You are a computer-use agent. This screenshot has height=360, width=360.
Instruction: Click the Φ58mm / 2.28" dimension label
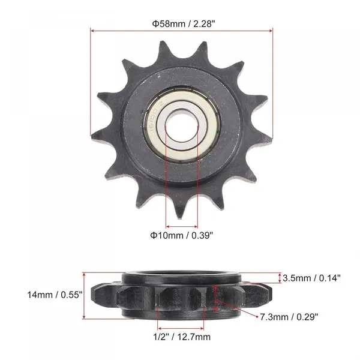click(x=184, y=23)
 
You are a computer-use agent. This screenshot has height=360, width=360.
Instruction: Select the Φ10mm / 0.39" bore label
click(x=182, y=235)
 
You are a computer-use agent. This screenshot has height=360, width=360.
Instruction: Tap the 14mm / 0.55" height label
click(x=55, y=295)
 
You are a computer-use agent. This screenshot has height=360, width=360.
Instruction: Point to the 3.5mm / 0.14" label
click(x=311, y=278)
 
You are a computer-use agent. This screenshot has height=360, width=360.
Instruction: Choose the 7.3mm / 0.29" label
click(x=289, y=317)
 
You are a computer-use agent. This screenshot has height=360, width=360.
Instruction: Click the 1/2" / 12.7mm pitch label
click(x=182, y=337)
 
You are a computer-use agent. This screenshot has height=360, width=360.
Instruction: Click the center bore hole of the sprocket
click(x=182, y=127)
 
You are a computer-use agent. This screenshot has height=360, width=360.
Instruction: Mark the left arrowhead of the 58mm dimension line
click(x=92, y=31)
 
